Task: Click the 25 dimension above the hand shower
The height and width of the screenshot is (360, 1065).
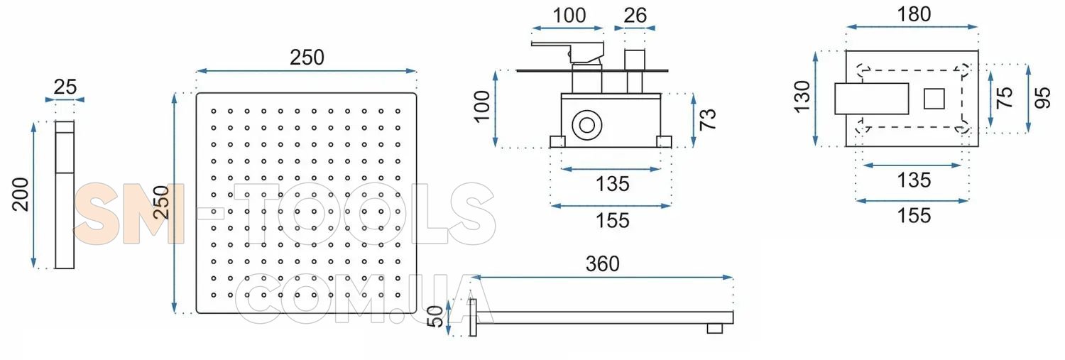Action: tap(65, 87)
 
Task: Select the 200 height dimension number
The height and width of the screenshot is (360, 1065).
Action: tap(21, 195)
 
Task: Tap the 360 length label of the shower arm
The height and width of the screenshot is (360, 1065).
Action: tap(602, 264)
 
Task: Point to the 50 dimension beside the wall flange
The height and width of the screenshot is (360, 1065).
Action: tap(435, 316)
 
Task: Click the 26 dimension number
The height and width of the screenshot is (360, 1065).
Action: tap(635, 16)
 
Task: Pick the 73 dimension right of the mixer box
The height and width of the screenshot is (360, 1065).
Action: tap(707, 119)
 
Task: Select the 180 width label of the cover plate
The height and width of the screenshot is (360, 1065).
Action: tap(914, 14)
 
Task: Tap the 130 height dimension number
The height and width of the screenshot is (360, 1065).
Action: tap(802, 97)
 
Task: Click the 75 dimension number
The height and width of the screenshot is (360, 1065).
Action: tap(1004, 97)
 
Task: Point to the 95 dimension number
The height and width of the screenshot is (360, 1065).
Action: tap(1043, 98)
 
